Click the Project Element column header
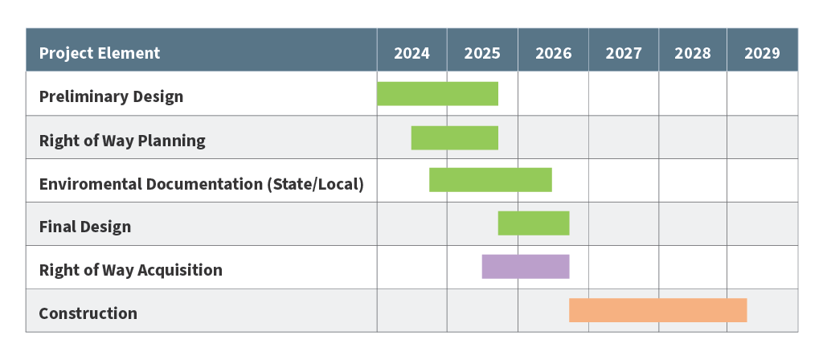click(100, 53)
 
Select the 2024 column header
click(411, 53)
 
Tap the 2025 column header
click(482, 53)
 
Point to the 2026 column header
click(553, 53)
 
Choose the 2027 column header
click(624, 53)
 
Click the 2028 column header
click(693, 53)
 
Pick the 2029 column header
click(762, 53)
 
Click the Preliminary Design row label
click(111, 96)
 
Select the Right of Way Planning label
click(122, 141)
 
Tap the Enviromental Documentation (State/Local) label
click(201, 184)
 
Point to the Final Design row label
click(85, 227)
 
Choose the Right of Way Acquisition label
click(130, 270)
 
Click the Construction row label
click(88, 313)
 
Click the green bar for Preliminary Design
click(437, 94)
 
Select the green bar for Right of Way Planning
click(454, 137)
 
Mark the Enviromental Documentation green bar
click(490, 180)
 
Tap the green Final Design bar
click(534, 223)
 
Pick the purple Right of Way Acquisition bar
click(526, 267)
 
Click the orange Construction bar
click(657, 310)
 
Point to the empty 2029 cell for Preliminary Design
click(762, 94)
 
